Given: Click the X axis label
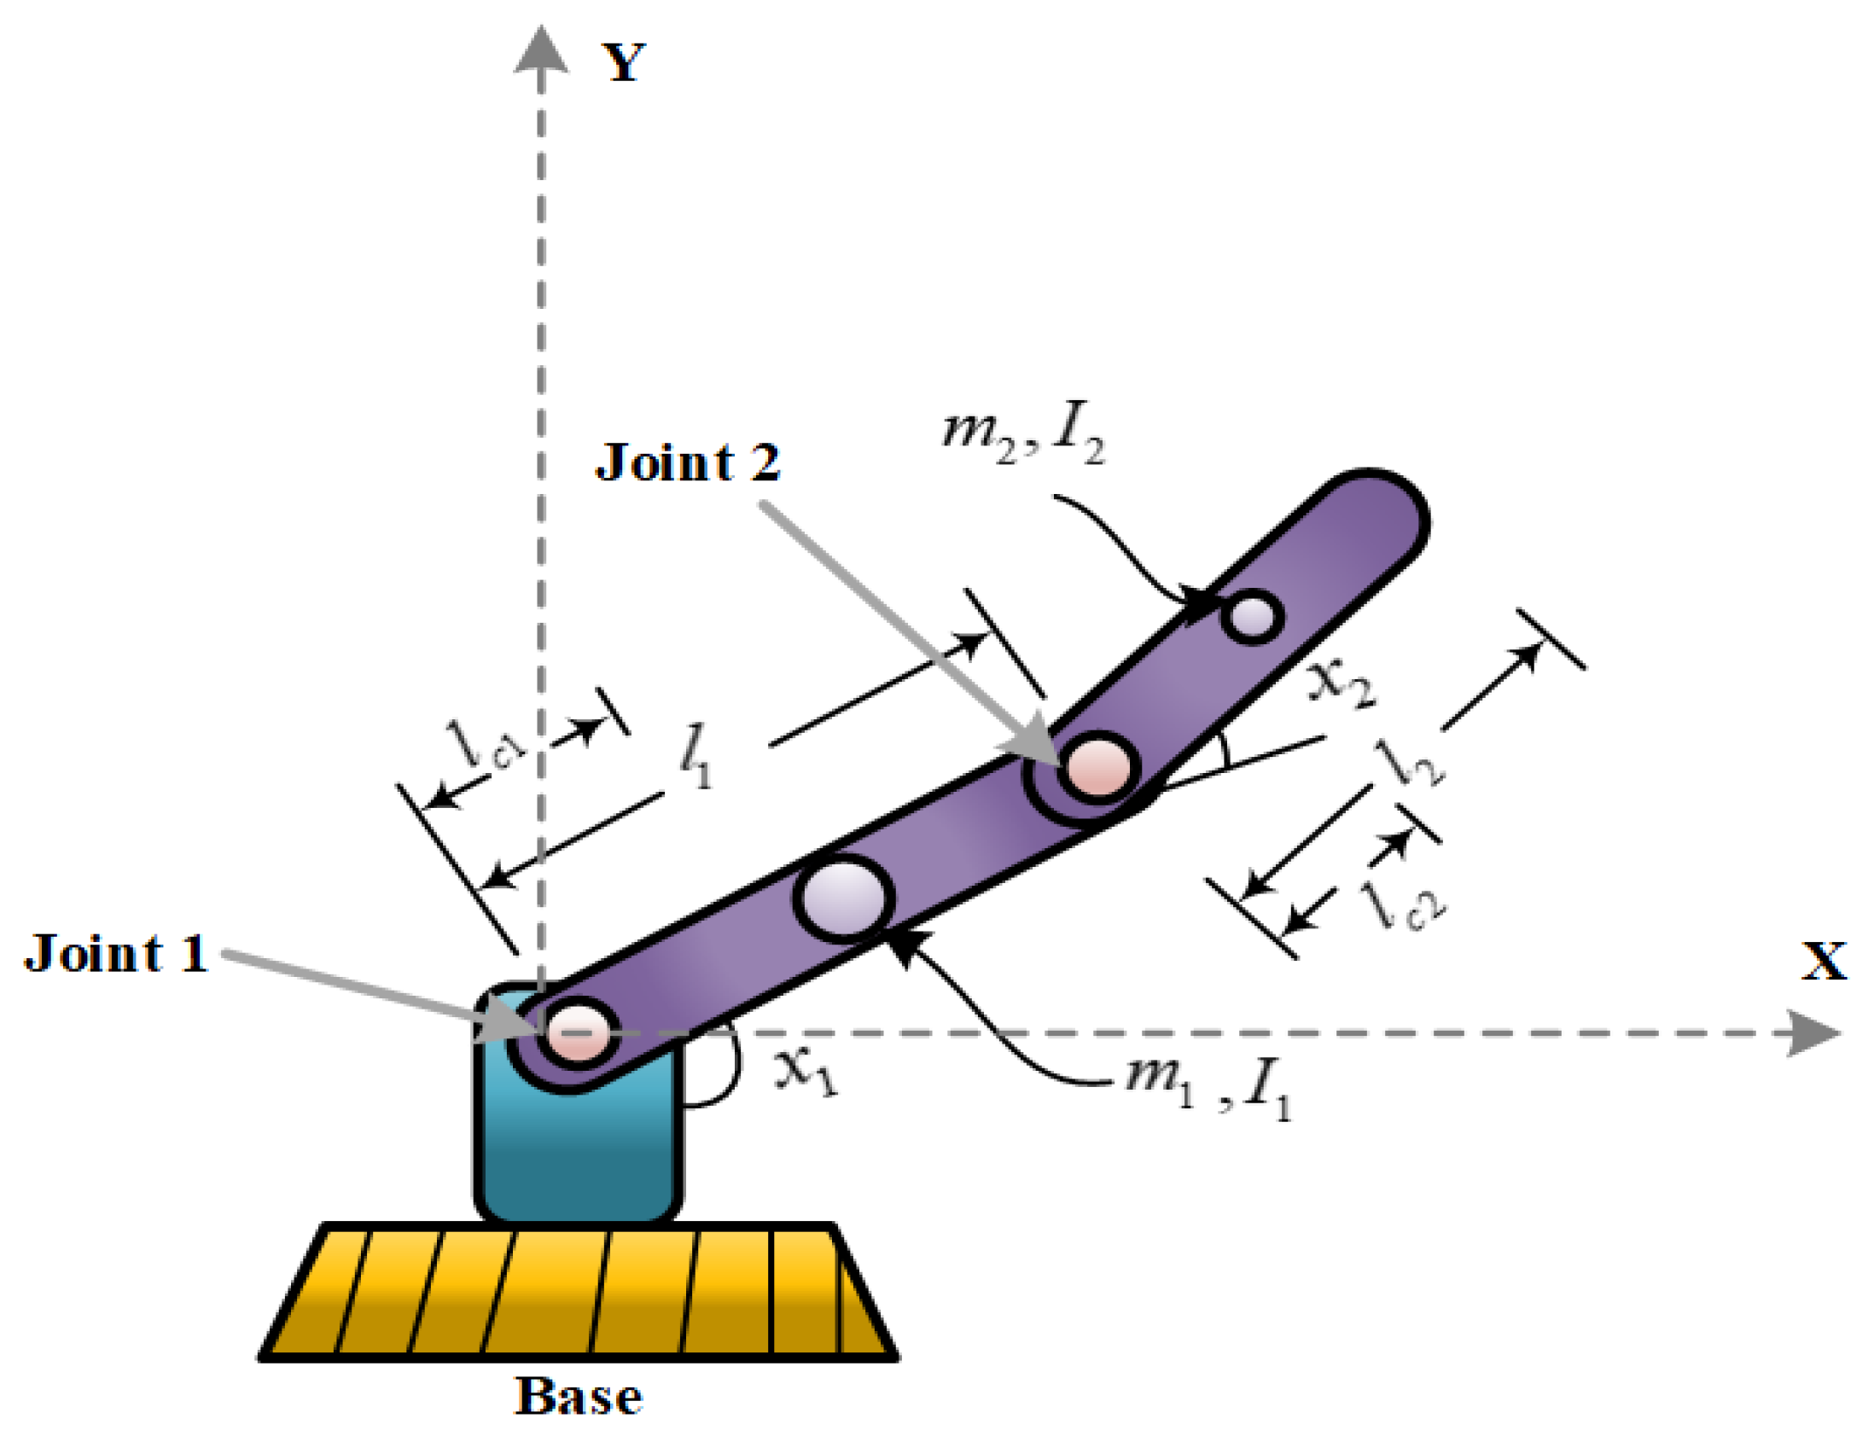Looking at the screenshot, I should (1823, 961).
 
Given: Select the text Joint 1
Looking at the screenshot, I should (116, 954).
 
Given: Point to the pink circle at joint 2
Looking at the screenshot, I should (1097, 766).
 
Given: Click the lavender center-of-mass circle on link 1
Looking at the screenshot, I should (844, 898).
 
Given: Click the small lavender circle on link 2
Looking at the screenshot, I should (1253, 615).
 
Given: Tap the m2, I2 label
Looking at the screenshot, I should (1022, 436).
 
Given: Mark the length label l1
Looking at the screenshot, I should (695, 757).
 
